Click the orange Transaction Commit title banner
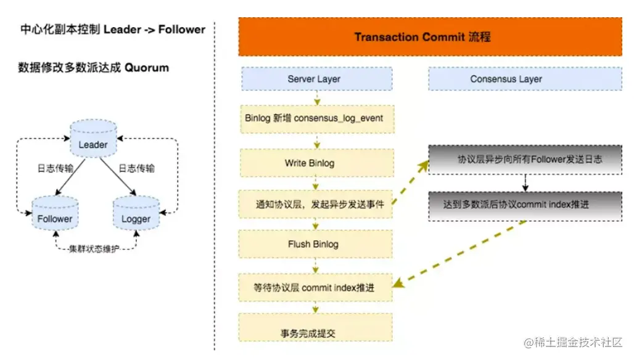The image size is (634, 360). (430, 37)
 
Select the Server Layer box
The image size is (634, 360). (316, 79)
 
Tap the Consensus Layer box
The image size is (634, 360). (506, 79)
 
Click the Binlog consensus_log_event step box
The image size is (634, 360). (316, 118)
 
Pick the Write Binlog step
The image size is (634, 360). (316, 163)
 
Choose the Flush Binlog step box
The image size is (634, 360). (316, 244)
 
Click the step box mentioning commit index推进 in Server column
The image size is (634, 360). (316, 288)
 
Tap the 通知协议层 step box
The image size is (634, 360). (316, 205)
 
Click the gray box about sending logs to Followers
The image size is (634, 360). (525, 159)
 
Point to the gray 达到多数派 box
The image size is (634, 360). (525, 205)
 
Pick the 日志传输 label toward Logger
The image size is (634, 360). (136, 168)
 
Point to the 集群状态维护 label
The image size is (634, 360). (94, 249)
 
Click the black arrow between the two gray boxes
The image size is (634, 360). (525, 182)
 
